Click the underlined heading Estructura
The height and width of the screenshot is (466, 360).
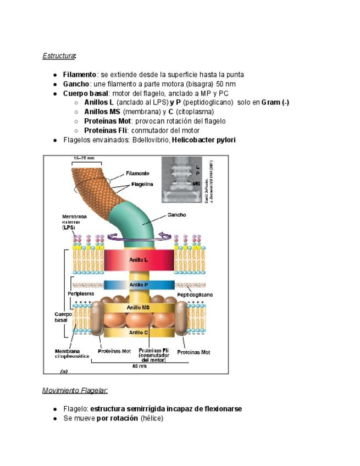[x=58, y=56]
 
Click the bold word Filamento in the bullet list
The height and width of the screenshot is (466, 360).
[x=79, y=75]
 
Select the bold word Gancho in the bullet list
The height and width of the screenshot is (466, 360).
[x=76, y=84]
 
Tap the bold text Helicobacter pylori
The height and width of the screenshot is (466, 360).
[x=203, y=140]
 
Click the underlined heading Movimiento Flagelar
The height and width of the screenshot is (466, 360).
[x=75, y=391]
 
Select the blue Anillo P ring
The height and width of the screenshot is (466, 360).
[x=139, y=285]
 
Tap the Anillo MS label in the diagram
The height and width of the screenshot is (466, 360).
[x=139, y=308]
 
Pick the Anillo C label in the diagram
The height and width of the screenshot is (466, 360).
[x=139, y=332]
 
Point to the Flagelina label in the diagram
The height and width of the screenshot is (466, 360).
[x=142, y=184]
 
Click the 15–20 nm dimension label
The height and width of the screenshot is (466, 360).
[x=84, y=159]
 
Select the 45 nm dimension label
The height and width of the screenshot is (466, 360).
[x=139, y=365]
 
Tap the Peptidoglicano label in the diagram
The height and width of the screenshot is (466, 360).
[x=195, y=295]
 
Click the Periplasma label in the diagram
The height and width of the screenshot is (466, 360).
[x=81, y=294]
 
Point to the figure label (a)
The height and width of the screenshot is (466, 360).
[x=63, y=371]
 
